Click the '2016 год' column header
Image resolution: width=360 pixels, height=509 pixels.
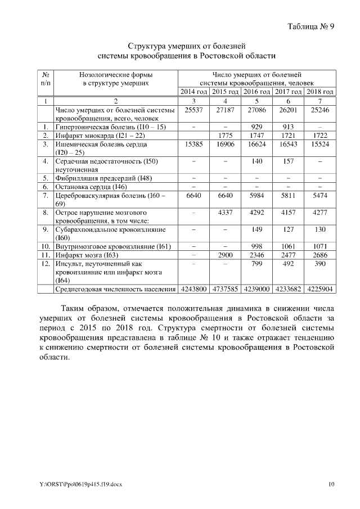(x=256, y=92)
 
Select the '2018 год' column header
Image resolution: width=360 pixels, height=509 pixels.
(x=320, y=92)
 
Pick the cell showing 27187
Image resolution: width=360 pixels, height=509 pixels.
(x=225, y=110)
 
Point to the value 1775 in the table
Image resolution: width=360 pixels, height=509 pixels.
(x=225, y=136)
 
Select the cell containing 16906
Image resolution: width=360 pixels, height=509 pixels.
(x=225, y=145)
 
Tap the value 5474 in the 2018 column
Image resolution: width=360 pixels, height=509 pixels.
(x=320, y=195)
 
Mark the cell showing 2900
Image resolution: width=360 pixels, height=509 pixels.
(x=225, y=255)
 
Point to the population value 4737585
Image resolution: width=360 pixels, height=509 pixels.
(x=225, y=289)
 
